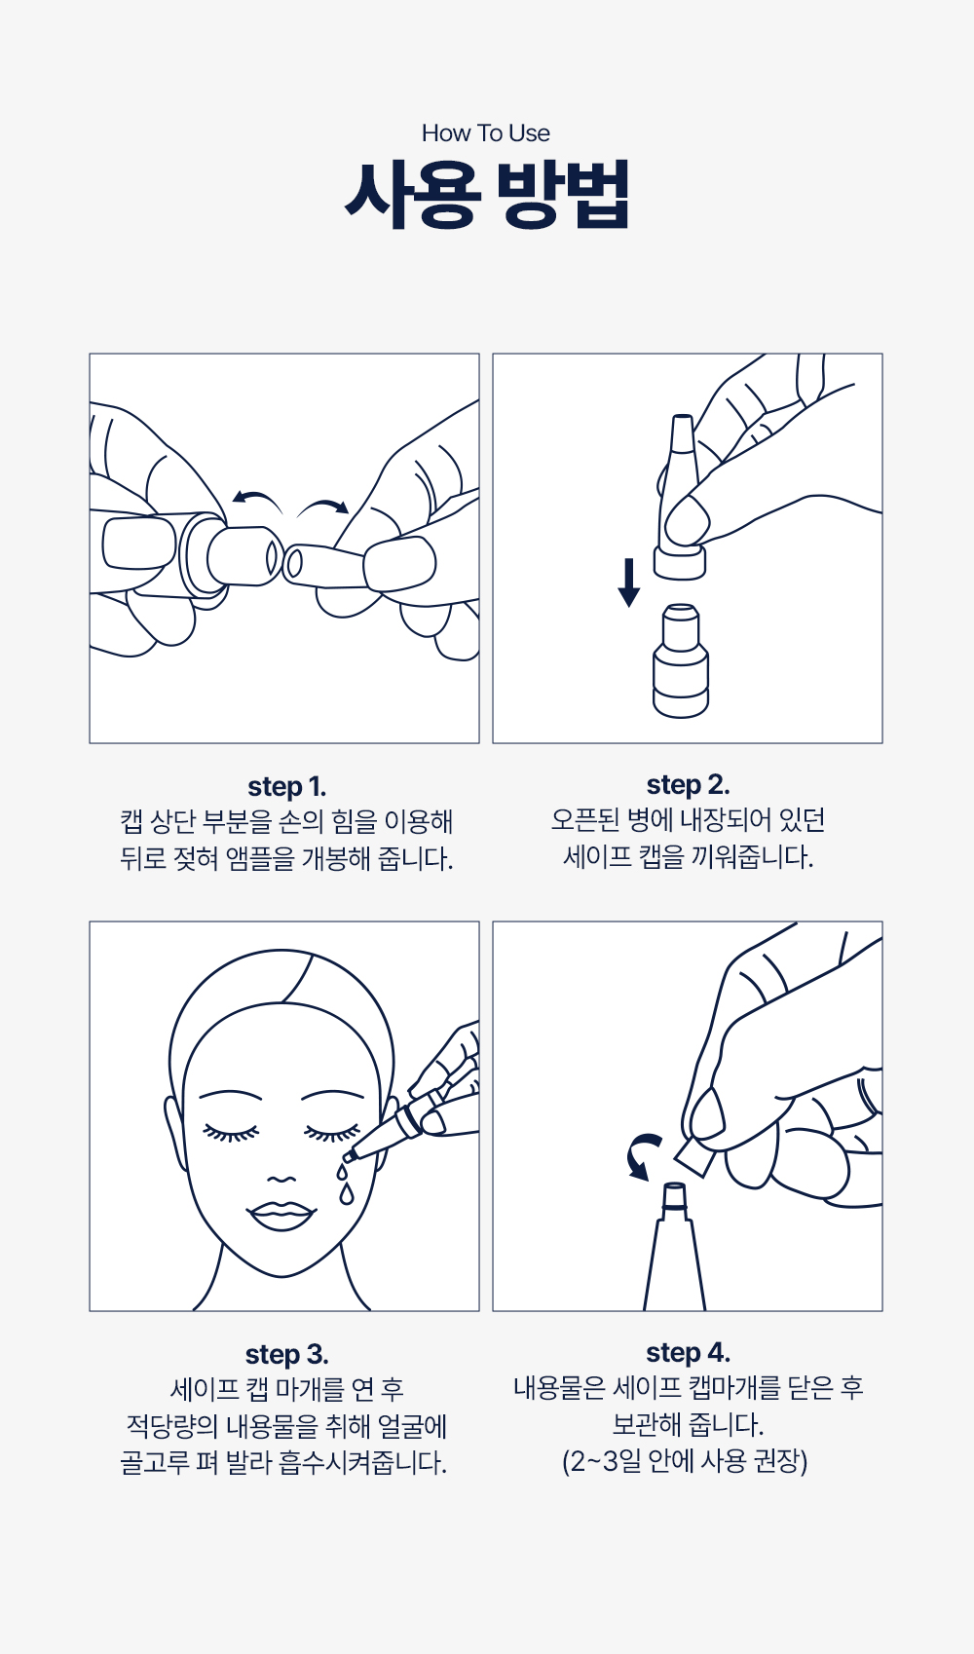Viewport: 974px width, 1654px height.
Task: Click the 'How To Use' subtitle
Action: point(486,132)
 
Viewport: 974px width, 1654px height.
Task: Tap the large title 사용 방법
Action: point(487,194)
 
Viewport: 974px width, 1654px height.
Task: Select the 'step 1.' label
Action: point(286,787)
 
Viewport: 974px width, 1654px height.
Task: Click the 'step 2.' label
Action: point(688,785)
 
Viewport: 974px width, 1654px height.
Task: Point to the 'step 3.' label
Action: point(286,1354)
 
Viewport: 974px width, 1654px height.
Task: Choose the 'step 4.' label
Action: point(688,1352)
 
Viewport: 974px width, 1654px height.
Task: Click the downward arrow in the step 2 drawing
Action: point(628,583)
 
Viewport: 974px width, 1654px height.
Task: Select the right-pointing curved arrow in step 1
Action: point(323,506)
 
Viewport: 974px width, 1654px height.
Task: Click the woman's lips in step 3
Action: point(281,1215)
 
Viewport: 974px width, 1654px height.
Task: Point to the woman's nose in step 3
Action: point(281,1179)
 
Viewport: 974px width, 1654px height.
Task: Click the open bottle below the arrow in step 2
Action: point(681,660)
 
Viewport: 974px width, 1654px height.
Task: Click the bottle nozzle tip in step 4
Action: point(673,1189)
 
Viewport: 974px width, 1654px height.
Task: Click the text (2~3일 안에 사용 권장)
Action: point(685,1460)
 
